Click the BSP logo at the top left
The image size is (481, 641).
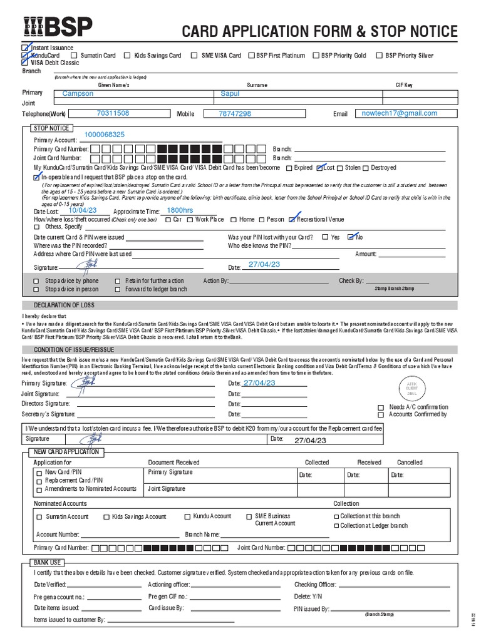click(57, 27)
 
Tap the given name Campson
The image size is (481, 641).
click(78, 93)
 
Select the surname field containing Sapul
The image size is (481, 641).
click(230, 93)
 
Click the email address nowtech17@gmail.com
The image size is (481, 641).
click(400, 113)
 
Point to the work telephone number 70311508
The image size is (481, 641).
click(113, 113)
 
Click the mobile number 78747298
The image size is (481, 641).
click(235, 114)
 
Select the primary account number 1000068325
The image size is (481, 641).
click(104, 135)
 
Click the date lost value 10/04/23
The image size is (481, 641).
click(83, 211)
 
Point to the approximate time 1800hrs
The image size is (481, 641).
click(180, 211)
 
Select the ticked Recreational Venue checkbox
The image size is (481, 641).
click(292, 220)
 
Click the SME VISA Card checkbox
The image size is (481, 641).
click(195, 56)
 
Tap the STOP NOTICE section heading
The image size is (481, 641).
click(51, 128)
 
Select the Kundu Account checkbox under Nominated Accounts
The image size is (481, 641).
click(187, 516)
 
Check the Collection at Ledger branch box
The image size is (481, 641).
click(336, 526)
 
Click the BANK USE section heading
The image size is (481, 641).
click(48, 563)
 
